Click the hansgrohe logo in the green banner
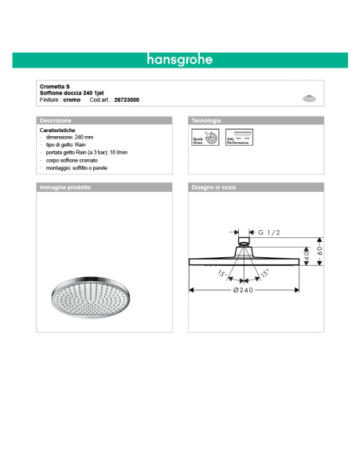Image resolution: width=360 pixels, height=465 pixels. (179, 60)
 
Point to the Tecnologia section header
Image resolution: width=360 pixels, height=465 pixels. (206, 120)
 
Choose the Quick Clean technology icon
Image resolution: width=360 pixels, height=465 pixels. (205, 137)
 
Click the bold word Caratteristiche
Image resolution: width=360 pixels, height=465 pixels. (57, 129)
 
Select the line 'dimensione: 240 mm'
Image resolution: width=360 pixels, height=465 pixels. (72, 137)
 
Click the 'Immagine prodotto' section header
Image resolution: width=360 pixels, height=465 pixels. (65, 188)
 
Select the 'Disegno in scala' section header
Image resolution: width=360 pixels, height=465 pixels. (213, 188)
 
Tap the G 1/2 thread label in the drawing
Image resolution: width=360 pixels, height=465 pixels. (268, 232)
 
